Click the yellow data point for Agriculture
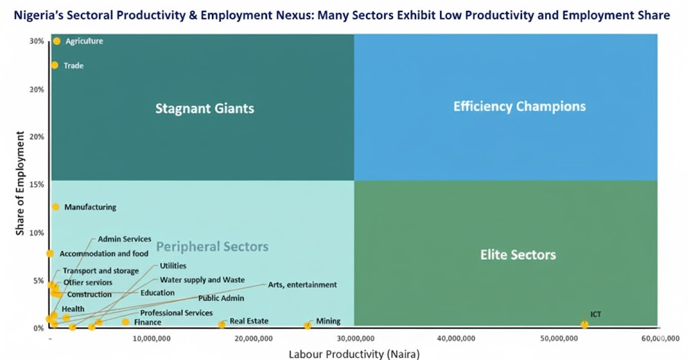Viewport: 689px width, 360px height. (57, 42)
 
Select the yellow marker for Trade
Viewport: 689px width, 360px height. (55, 65)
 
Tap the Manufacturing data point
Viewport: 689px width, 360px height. (56, 207)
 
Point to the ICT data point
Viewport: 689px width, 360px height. (585, 324)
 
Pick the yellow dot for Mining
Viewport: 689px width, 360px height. (307, 326)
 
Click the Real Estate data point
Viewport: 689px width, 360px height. (222, 325)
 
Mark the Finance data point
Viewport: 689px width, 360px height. (125, 322)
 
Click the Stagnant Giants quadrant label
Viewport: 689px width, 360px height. (205, 108)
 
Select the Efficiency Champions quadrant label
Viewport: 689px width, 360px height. (519, 106)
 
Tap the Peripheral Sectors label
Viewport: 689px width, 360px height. (212, 247)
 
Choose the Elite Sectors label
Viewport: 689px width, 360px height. (517, 255)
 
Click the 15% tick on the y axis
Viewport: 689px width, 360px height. (38, 185)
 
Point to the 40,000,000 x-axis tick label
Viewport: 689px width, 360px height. (456, 339)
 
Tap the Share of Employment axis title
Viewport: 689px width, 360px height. (20, 184)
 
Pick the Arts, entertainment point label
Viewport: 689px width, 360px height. (302, 285)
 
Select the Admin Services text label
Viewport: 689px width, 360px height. (124, 239)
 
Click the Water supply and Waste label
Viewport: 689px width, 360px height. (202, 280)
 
